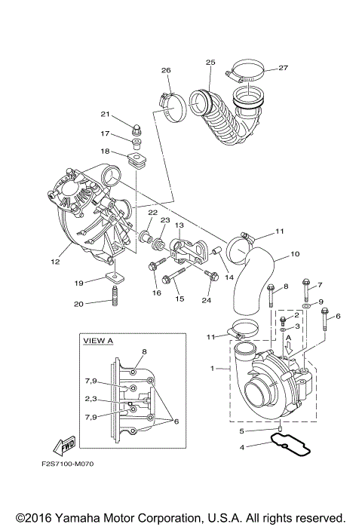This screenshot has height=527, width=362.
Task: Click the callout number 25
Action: click(x=210, y=62)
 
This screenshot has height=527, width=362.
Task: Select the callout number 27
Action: click(x=284, y=68)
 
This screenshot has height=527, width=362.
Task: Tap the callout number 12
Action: click(x=55, y=262)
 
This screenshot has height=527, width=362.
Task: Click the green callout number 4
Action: click(x=241, y=447)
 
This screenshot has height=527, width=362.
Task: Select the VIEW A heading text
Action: click(x=98, y=341)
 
